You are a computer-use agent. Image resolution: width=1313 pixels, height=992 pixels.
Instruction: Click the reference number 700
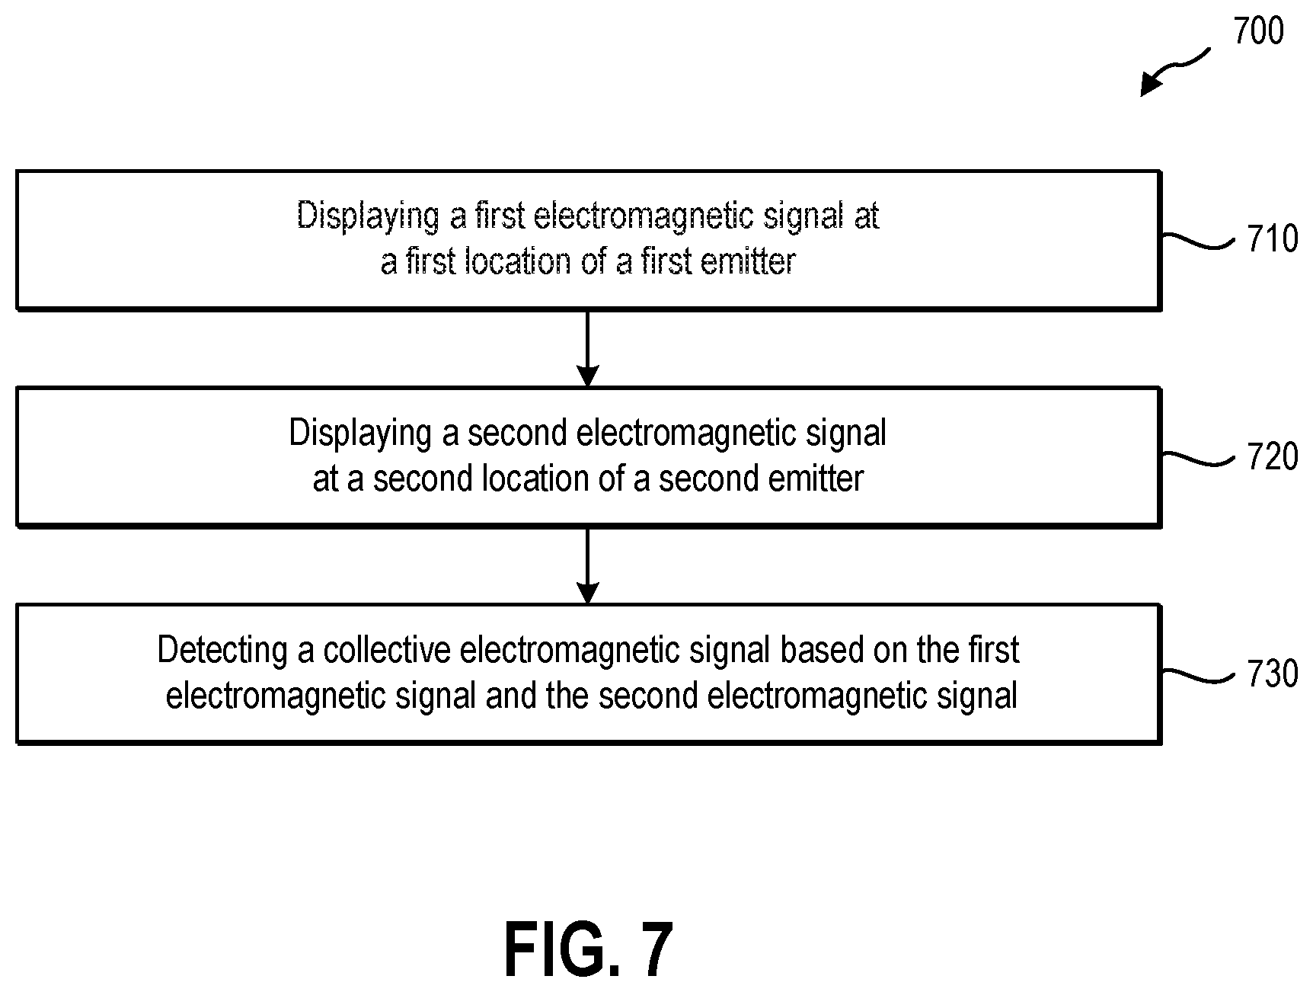(1258, 32)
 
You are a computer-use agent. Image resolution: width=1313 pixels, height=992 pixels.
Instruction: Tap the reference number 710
(1273, 239)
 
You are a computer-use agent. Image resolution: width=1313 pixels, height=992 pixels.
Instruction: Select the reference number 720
(1273, 457)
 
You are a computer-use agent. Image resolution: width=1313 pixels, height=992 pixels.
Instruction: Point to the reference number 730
(1273, 674)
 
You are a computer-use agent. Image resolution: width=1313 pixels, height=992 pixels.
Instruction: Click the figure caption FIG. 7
(589, 949)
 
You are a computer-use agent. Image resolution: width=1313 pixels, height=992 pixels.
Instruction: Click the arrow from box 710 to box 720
(587, 348)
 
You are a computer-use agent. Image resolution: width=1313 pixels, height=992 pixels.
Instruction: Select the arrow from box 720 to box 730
(587, 565)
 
